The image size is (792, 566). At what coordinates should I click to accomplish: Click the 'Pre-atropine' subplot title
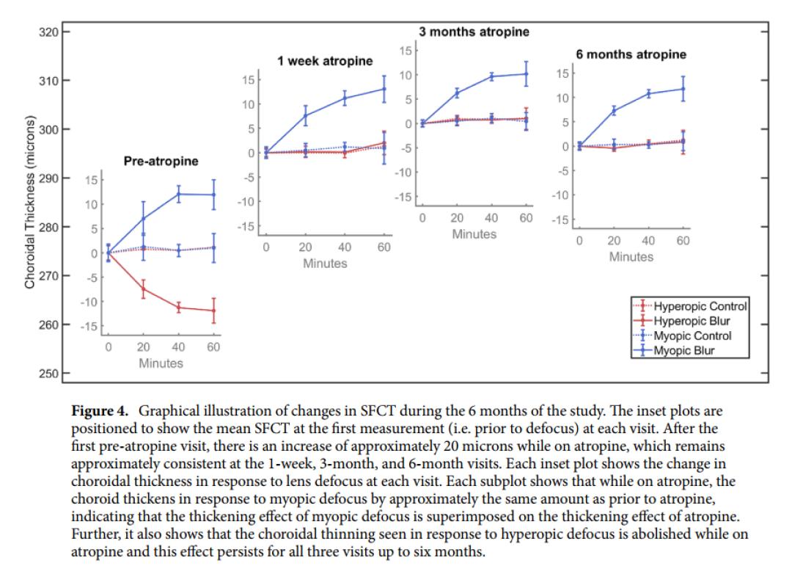(x=161, y=162)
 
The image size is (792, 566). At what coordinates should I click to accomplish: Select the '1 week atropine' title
(x=325, y=61)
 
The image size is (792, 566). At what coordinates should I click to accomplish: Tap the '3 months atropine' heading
(x=474, y=32)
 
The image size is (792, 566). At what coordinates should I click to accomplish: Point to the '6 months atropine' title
(x=631, y=54)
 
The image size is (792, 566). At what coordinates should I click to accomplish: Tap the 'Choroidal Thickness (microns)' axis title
(x=30, y=203)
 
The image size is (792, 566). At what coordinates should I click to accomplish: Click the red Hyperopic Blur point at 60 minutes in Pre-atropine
(x=213, y=311)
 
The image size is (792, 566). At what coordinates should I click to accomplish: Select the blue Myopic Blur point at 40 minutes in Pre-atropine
(x=178, y=195)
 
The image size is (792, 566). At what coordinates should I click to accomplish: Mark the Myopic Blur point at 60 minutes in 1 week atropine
(x=384, y=89)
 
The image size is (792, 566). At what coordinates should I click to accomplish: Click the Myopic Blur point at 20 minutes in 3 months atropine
(x=457, y=93)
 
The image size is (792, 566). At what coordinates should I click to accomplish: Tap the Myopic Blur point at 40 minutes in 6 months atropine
(x=648, y=94)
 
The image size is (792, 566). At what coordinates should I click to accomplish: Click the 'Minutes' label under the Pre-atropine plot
(x=161, y=363)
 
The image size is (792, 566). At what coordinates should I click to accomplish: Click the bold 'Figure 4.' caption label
(x=100, y=410)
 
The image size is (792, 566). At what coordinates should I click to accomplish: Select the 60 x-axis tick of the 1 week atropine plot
(x=384, y=247)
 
